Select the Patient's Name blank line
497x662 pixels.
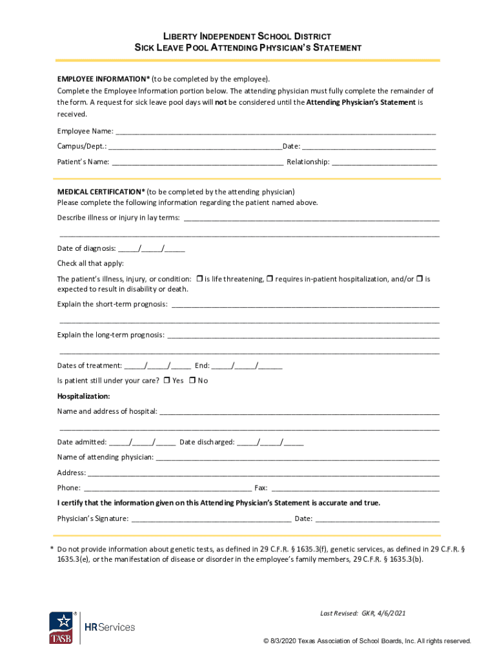[198, 162]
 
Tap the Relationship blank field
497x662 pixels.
[384, 162]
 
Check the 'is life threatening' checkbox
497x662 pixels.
[199, 279]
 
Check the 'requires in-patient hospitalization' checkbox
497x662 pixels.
[270, 279]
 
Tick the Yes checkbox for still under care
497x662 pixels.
[167, 380]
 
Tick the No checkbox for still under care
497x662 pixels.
[192, 380]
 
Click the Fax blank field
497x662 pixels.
[355, 488]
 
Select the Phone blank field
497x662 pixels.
[168, 488]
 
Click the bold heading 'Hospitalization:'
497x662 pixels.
[83, 396]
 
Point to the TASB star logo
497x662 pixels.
[61, 626]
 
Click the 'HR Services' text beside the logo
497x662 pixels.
[110, 627]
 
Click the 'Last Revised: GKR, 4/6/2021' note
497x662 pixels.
[363, 613]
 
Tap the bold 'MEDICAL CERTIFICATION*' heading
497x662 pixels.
[101, 192]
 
